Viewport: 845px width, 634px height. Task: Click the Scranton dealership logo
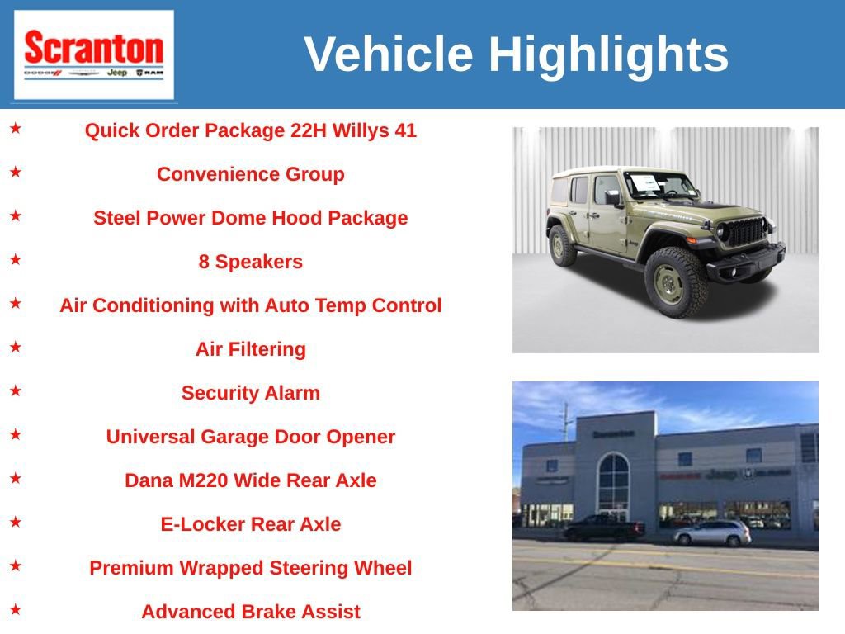click(93, 54)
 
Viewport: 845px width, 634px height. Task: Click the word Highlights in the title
click(608, 54)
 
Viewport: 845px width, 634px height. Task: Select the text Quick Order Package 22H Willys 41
click(250, 130)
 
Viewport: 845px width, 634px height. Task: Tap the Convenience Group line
click(250, 174)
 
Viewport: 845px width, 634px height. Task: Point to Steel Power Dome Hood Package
click(250, 218)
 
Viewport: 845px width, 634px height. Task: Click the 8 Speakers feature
click(250, 262)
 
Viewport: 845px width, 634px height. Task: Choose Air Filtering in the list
click(250, 349)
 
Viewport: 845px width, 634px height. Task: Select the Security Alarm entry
click(250, 393)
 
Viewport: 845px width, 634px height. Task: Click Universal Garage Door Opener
click(250, 437)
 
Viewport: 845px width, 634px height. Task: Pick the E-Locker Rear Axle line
click(250, 524)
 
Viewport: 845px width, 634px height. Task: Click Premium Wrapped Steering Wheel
click(250, 568)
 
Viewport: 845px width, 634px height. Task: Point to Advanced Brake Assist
click(250, 612)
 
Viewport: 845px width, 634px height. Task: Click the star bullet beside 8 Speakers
click(16, 259)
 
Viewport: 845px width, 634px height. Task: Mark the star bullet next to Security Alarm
click(16, 390)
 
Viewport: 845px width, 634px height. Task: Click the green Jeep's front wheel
click(676, 280)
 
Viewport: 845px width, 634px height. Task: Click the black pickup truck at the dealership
click(603, 528)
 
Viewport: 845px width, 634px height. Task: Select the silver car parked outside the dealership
click(712, 533)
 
